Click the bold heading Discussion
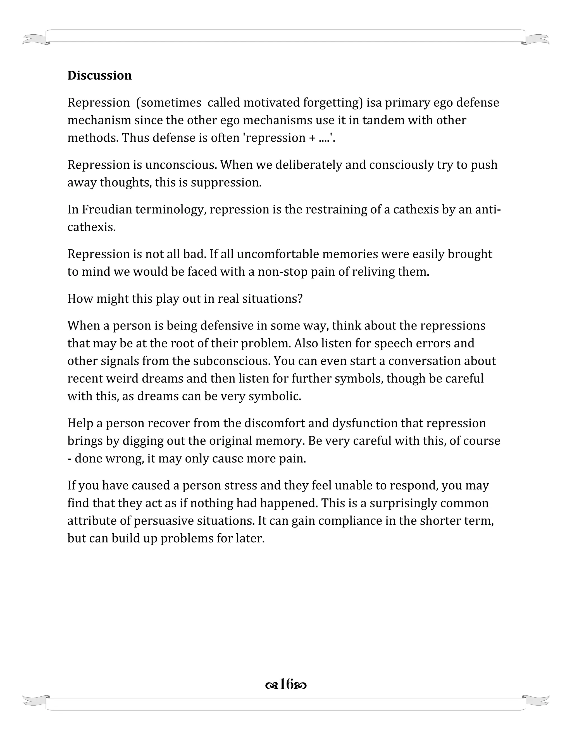[x=99, y=75]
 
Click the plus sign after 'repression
[x=312, y=138]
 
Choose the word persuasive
[x=161, y=521]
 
